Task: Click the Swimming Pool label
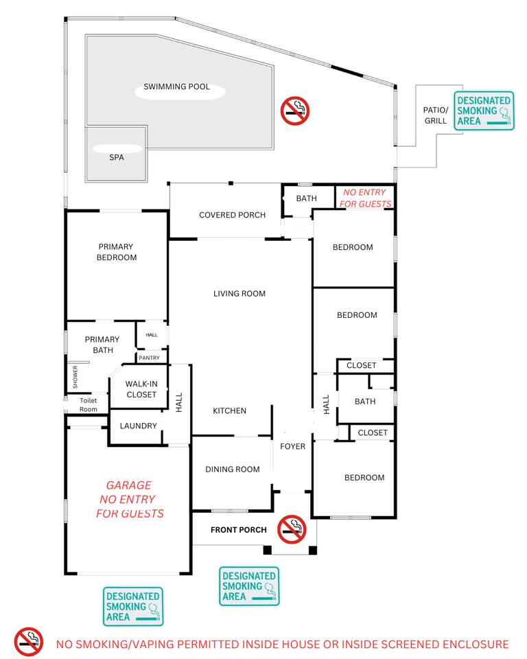(176, 86)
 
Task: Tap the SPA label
(117, 157)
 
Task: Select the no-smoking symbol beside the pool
(295, 111)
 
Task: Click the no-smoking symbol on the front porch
(292, 529)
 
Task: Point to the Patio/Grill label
(435, 115)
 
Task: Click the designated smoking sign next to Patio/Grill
(484, 111)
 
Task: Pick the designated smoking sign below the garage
(133, 606)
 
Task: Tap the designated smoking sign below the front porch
(249, 586)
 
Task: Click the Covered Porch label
(233, 215)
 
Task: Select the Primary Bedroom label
(117, 252)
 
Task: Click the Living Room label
(239, 293)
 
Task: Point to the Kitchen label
(229, 411)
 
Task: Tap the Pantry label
(149, 358)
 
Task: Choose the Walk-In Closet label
(141, 389)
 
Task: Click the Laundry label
(138, 426)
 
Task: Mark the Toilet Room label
(89, 405)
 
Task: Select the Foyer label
(292, 446)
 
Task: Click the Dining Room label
(233, 469)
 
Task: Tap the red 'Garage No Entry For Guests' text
(130, 499)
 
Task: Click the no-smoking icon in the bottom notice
(29, 643)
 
